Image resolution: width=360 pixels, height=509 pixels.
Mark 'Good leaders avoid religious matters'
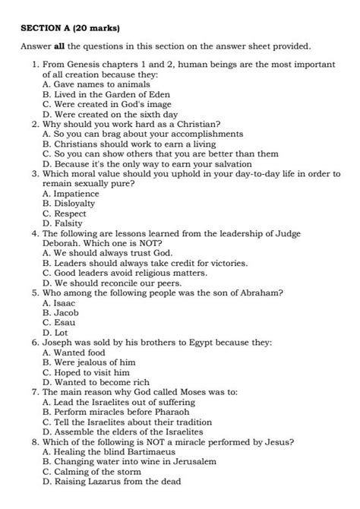125,271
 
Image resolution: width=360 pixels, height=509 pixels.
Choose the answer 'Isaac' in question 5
61,302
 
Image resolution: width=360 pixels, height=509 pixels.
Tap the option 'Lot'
56,331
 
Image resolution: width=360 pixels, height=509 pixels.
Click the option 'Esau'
59,321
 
